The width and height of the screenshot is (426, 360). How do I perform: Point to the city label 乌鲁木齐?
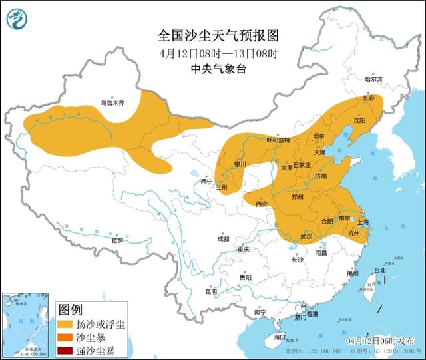pos(112,103)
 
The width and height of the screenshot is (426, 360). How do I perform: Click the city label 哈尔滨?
pos(373,79)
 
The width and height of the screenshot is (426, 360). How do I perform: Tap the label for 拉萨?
pos(117,240)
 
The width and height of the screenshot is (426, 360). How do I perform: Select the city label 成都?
pos(222,239)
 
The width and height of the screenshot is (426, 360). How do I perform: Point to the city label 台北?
pos(379,271)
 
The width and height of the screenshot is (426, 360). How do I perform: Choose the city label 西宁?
pos(207,181)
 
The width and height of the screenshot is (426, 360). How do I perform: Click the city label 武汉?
pos(306,236)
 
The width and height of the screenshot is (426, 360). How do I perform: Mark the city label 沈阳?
pos(359,121)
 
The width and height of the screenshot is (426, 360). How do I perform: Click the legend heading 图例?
pos(71,309)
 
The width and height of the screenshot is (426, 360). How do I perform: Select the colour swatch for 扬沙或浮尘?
pos(66,324)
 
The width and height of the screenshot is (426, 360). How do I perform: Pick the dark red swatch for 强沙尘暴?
pos(66,350)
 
